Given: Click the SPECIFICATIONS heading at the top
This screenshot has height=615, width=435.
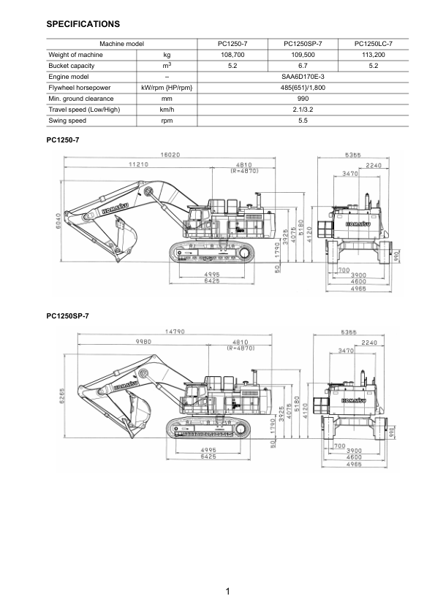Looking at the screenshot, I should pos(83,25).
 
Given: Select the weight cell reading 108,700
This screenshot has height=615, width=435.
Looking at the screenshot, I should pos(232,55).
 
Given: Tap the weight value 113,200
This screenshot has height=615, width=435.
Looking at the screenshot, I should pos(374,55).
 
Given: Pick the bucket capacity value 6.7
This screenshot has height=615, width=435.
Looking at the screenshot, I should pos(303,66).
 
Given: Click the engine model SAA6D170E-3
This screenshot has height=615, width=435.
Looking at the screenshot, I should pos(303,77).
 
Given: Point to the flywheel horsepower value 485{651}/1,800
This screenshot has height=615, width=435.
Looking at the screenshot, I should pos(303,88).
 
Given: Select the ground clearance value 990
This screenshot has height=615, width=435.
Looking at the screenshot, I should pos(303,99).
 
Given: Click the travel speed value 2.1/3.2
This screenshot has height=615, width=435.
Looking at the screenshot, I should pos(303,110).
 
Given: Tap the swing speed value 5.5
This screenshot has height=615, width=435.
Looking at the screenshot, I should pos(303,121).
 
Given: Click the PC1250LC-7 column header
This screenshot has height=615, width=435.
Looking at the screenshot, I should pos(374,44).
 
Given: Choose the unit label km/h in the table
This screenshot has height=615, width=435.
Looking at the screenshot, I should pos(167,110).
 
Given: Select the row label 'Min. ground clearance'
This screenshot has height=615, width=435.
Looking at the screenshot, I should pos(81,99).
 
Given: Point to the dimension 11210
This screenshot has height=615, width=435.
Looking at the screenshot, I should pos(139,165).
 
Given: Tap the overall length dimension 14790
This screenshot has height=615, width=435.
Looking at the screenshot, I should pos(175,332).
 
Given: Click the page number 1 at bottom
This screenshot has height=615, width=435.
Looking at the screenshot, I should pos(229,592).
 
